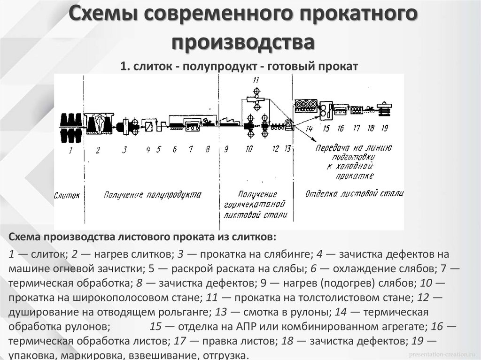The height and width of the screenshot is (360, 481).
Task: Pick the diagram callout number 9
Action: click(226, 150)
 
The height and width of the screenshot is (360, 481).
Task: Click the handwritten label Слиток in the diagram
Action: click(67, 194)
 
